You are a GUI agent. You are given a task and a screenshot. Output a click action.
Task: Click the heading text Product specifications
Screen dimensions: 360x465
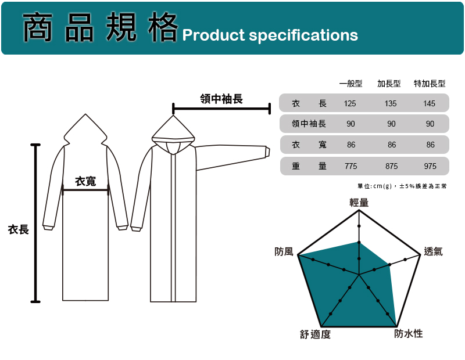[x=270, y=35]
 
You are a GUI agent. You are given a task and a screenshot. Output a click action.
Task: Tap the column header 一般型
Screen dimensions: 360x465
[x=350, y=84]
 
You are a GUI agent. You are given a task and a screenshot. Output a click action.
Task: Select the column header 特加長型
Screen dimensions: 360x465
[x=430, y=84]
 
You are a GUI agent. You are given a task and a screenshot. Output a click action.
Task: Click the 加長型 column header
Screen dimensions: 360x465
[x=389, y=84]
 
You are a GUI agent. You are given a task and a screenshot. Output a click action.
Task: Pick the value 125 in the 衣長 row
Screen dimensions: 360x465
[x=350, y=103]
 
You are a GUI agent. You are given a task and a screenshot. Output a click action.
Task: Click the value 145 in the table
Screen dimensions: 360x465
[x=430, y=103]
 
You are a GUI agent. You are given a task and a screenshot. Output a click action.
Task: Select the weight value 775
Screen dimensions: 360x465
[x=350, y=166]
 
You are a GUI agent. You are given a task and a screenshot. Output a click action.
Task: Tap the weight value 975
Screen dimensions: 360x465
[x=430, y=166]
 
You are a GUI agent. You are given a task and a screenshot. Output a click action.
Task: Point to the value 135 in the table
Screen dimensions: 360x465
[x=391, y=103]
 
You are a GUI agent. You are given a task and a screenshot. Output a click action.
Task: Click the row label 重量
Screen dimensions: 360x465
[x=309, y=166]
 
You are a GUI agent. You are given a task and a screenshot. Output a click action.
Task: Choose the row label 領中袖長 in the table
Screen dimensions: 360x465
[x=309, y=124]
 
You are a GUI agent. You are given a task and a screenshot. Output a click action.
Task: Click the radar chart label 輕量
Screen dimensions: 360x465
[x=359, y=202]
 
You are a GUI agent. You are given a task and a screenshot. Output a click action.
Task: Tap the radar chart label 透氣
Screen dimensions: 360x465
[x=433, y=251]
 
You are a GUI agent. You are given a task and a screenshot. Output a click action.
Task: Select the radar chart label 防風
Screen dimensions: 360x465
[x=284, y=251]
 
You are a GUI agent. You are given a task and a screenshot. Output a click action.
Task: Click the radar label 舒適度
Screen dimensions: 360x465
[x=315, y=334]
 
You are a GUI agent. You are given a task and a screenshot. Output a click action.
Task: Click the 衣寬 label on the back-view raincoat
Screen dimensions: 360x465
[x=86, y=182]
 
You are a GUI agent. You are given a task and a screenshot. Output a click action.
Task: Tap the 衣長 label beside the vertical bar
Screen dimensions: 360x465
[x=18, y=230]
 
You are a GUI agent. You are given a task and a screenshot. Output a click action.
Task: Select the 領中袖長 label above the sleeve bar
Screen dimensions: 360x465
[x=221, y=99]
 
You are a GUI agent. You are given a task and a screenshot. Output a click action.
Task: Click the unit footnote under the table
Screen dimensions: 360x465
[x=403, y=186]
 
